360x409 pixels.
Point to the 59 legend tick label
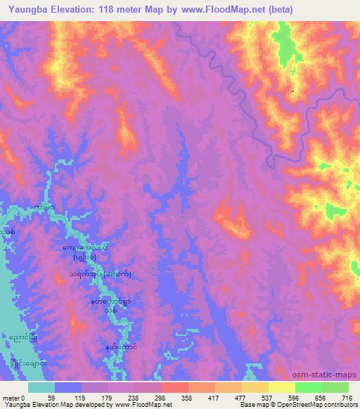[x=51, y=398]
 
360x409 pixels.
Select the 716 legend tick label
[x=347, y=398]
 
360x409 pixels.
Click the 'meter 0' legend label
[x=13, y=398]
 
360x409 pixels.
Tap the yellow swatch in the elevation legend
[x=281, y=387]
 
